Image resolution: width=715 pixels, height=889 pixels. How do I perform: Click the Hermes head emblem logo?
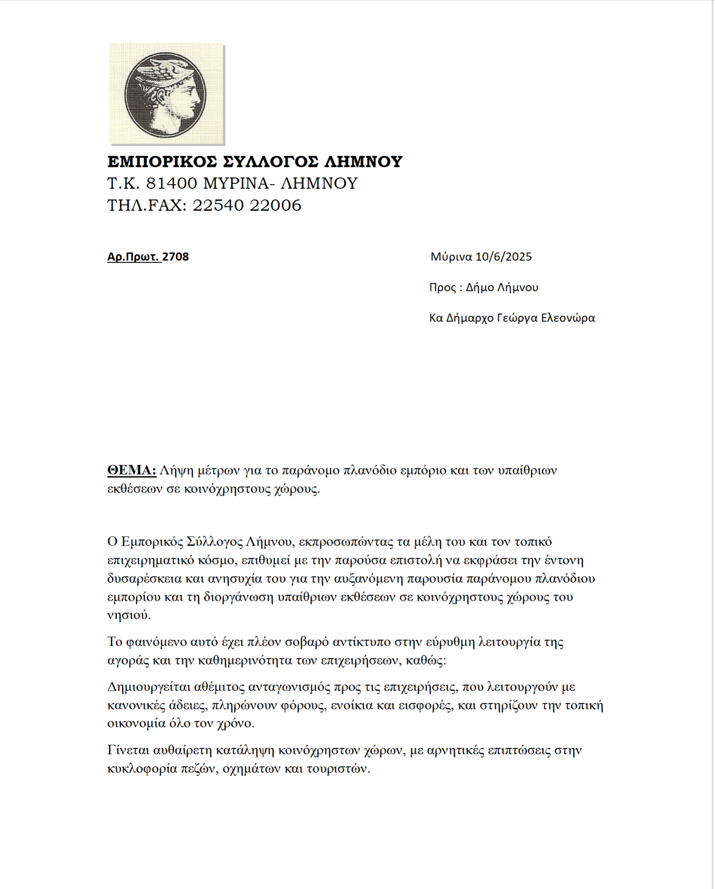166,95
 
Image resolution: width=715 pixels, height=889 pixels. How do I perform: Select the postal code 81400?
172,184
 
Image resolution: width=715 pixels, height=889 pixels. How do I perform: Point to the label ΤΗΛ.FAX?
147,206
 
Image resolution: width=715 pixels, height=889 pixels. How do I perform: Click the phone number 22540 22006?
247,206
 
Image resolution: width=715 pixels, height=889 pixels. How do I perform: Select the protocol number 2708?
175,257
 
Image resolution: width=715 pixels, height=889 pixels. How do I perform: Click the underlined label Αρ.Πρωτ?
134,257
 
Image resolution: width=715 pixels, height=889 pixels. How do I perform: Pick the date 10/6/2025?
504,257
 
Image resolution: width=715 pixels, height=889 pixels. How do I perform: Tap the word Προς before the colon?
442,287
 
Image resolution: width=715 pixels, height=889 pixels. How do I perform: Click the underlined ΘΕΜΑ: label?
131,470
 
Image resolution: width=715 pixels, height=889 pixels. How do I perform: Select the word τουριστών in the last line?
338,769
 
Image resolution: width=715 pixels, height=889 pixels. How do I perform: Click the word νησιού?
129,615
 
